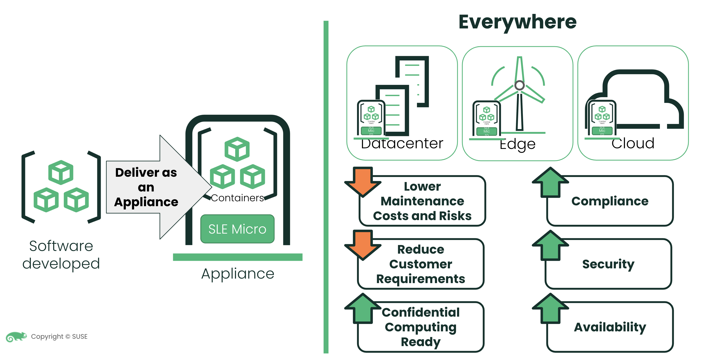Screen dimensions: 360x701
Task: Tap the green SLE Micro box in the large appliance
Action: tap(237, 229)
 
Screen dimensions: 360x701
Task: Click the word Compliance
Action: tap(610, 201)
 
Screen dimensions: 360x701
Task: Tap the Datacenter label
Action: tap(402, 144)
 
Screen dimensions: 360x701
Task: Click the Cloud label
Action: tap(633, 144)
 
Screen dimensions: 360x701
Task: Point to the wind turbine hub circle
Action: tap(519, 85)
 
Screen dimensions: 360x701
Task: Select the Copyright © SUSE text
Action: tap(59, 337)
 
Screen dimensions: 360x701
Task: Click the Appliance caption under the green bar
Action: tap(238, 273)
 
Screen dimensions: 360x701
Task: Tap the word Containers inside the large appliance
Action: tap(237, 198)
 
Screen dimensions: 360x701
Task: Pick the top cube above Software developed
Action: tap(61, 172)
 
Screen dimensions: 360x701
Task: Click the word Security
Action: tap(608, 264)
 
